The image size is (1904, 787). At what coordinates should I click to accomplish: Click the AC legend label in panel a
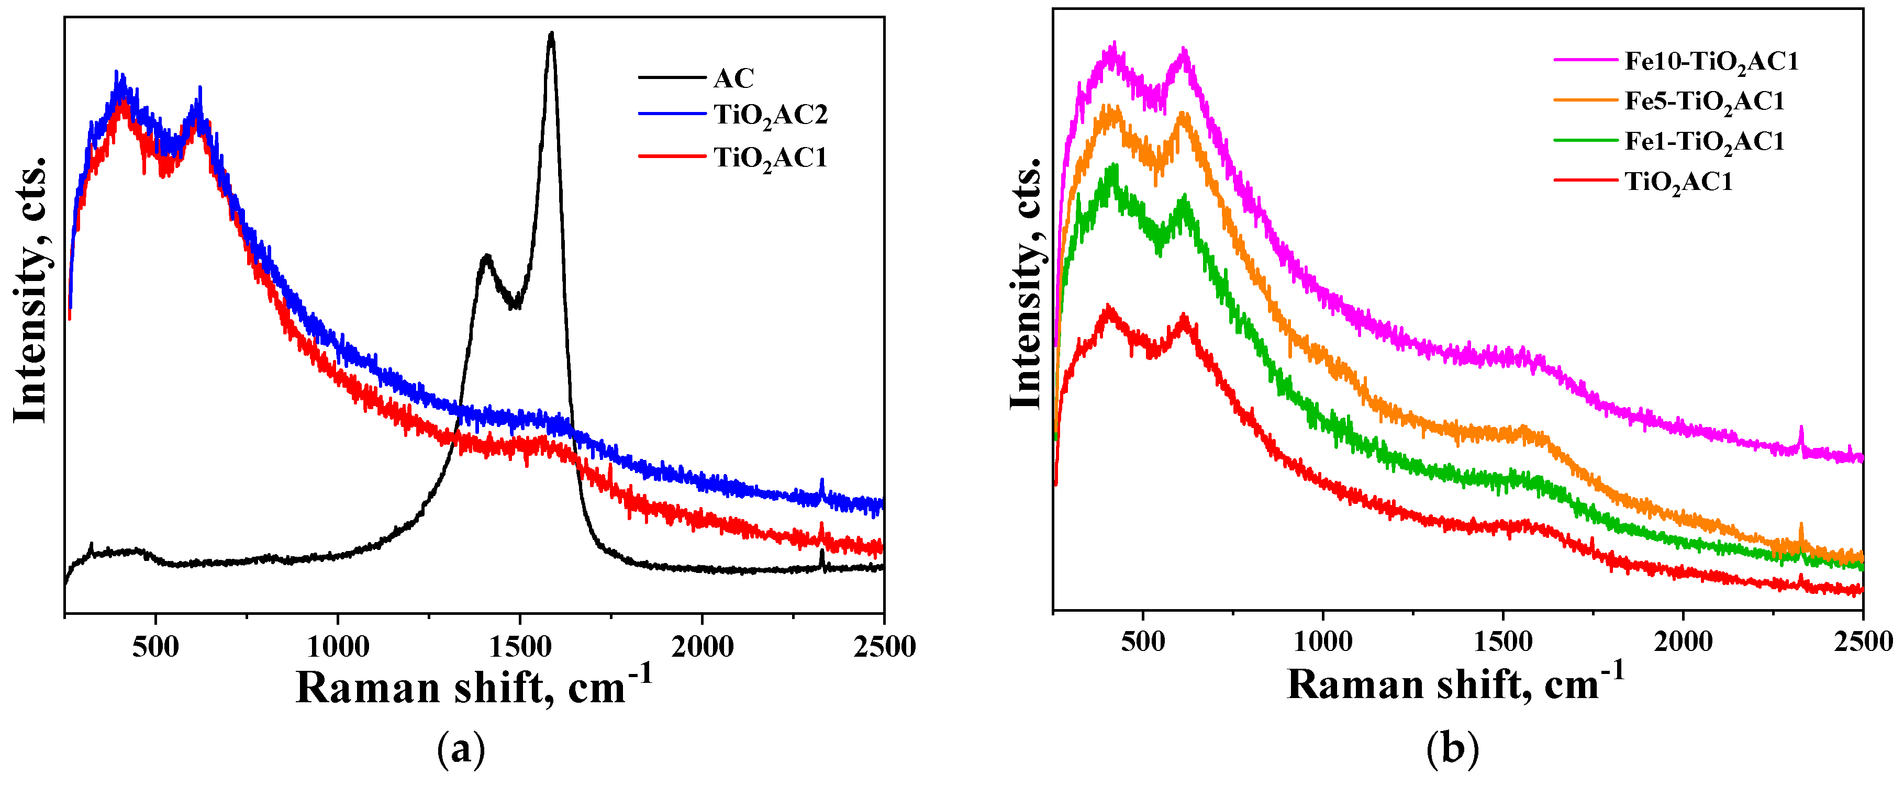click(x=733, y=77)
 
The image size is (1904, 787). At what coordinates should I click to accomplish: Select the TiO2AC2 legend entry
click(x=770, y=115)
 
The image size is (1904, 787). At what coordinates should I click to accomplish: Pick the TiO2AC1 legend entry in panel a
click(x=770, y=158)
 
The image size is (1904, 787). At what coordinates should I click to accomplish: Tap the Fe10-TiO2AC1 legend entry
click(x=1711, y=61)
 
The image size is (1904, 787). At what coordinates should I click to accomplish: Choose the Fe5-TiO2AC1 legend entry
click(x=1703, y=101)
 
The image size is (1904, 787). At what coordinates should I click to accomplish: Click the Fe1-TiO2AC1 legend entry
click(x=1703, y=142)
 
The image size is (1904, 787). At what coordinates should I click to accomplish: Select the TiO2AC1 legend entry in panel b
click(x=1678, y=182)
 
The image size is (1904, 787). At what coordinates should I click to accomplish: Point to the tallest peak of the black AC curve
click(x=551, y=35)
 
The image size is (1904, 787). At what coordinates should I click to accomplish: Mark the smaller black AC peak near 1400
click(x=486, y=257)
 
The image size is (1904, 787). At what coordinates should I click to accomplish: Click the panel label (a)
click(x=461, y=749)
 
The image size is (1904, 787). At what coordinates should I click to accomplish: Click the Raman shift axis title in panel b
click(x=1455, y=683)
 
